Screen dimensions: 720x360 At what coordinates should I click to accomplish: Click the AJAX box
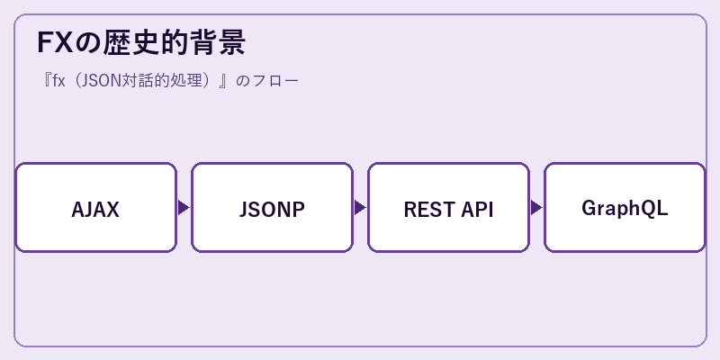coord(96,208)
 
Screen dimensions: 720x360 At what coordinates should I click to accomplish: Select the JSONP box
coord(273,208)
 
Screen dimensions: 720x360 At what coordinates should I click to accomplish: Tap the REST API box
coord(448,208)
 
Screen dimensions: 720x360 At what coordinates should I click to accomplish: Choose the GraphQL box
coord(625,208)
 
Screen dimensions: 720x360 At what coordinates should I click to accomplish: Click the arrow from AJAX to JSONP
coord(184,208)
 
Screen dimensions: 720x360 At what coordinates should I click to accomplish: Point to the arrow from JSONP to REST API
coord(360,208)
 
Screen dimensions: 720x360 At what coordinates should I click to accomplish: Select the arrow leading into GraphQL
coord(536,208)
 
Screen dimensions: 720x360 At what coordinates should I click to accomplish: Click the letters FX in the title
coord(55,42)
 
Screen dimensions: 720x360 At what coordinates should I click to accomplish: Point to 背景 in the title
coord(217,42)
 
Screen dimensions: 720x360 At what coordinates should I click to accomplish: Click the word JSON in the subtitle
coord(98,81)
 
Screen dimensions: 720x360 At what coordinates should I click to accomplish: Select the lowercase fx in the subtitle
coord(58,81)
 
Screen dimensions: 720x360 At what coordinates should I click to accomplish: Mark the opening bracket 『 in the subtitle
coord(46,81)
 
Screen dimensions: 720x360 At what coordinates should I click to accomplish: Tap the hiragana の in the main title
coord(88,43)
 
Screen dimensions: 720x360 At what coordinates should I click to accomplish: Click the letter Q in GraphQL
coord(650,209)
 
